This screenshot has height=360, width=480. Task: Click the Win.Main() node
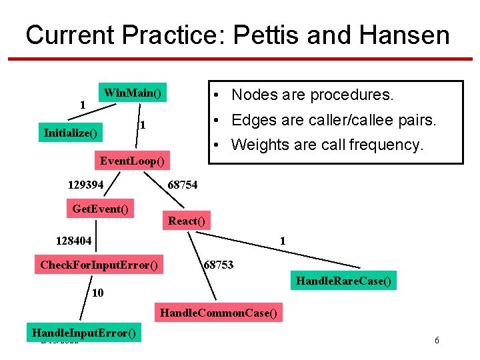click(133, 93)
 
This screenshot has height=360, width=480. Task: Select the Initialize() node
click(70, 133)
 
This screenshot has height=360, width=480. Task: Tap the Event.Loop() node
click(133, 161)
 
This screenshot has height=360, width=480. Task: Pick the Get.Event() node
click(100, 209)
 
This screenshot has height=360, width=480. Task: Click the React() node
click(187, 221)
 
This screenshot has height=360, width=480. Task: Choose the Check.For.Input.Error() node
click(99, 265)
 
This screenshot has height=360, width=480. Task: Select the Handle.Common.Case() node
click(218, 311)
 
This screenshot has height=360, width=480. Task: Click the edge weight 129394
click(86, 185)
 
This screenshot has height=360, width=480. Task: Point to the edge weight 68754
click(182, 185)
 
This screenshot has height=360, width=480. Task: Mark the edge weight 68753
click(218, 265)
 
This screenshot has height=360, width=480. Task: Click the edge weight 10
click(97, 293)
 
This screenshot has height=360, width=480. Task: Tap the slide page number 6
click(437, 341)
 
